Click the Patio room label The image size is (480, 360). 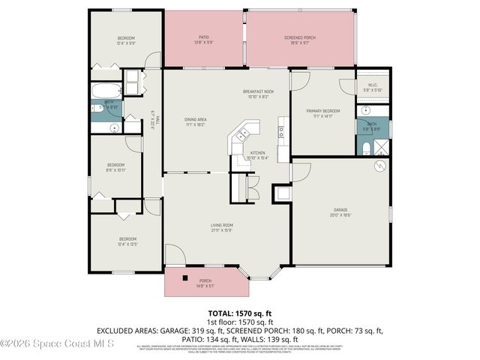203,37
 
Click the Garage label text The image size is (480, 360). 342,210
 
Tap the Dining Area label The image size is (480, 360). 196,119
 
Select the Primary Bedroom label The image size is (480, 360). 322,111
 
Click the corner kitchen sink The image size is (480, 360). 242,135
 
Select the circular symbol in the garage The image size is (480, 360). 380,165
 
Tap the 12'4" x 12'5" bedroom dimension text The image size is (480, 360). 127,244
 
